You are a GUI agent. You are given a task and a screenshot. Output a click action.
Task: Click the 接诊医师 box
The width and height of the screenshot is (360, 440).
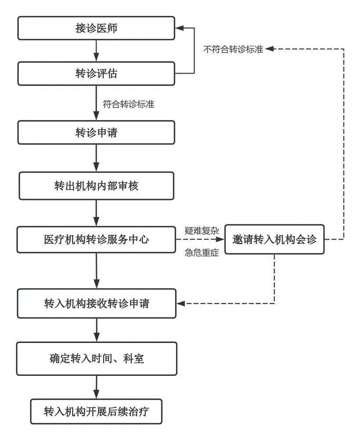point(96,28)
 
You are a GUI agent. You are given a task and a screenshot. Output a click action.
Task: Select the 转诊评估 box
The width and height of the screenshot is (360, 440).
point(96,73)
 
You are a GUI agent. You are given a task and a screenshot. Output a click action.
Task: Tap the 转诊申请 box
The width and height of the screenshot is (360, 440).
point(96,133)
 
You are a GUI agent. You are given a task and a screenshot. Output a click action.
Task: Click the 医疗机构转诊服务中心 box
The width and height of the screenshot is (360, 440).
point(96,240)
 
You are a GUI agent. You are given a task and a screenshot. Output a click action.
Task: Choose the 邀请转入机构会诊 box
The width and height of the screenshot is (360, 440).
point(274,240)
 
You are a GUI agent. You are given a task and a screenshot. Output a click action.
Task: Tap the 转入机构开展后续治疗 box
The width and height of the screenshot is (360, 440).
point(96,411)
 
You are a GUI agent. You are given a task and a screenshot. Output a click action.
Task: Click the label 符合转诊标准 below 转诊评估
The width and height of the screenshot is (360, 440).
point(128,105)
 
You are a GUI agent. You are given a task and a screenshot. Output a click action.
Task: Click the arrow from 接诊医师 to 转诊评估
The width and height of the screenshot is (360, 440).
point(96,50)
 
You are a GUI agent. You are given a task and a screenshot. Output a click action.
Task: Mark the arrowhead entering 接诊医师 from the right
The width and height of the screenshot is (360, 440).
point(179,28)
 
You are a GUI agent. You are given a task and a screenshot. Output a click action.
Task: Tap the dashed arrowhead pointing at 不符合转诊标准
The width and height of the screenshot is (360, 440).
point(269,49)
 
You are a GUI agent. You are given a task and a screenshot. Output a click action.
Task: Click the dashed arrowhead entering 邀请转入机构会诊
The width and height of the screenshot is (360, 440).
point(221,240)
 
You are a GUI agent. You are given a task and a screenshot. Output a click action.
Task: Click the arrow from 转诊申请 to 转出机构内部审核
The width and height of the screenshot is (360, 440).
point(96,158)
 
